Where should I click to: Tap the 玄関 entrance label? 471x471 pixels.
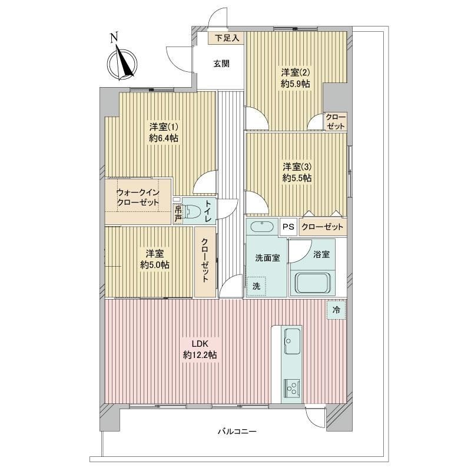pos(222,64)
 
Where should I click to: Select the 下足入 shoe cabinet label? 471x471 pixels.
pos(227,38)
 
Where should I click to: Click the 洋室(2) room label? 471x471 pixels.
pos(296,72)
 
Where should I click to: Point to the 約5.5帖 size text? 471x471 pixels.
pos(297,178)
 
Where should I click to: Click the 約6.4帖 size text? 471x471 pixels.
pos(164,138)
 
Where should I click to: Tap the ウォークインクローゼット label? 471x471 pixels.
pos(138,197)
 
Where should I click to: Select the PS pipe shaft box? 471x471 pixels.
pos(288,227)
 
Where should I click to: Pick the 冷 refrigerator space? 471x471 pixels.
pos(336,310)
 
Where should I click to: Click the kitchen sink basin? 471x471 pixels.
pos(292,341)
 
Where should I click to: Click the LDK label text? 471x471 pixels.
pos(200,344)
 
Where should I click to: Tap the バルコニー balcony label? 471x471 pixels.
pos(237,432)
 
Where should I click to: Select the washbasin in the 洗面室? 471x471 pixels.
pos(262,227)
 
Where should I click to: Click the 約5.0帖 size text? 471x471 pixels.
pos(155,264)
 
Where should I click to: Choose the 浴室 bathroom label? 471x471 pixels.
pos(321,254)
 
